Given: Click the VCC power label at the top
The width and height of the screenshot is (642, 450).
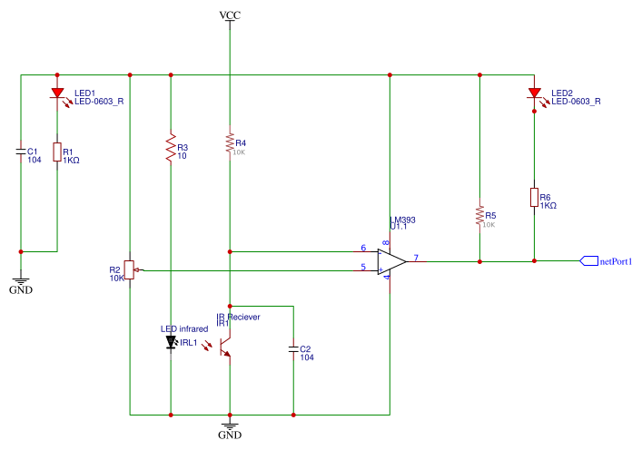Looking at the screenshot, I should (x=230, y=16).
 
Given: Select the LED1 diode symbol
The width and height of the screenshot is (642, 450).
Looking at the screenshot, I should (x=57, y=93).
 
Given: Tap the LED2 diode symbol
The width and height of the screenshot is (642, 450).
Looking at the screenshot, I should (x=534, y=93).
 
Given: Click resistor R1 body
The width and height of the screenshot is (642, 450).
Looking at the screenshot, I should (x=57, y=152).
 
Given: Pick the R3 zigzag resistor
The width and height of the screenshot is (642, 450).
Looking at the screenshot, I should (x=170, y=148).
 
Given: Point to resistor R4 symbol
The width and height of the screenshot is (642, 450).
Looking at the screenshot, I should (x=230, y=143).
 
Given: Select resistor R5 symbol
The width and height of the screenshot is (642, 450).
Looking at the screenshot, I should (x=479, y=216).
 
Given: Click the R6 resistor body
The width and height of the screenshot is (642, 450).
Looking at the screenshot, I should (x=534, y=198).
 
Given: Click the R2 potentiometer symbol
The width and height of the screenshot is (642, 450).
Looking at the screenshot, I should (x=131, y=269).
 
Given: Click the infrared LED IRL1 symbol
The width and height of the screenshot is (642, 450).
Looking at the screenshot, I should (x=170, y=343).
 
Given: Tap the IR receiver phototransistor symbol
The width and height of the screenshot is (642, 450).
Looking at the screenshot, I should (x=226, y=345).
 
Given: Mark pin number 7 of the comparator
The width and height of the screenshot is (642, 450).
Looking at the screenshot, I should (x=416, y=258).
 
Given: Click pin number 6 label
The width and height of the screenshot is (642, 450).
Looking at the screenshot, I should (x=363, y=248).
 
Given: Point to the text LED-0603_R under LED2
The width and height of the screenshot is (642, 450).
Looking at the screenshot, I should (x=577, y=102).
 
